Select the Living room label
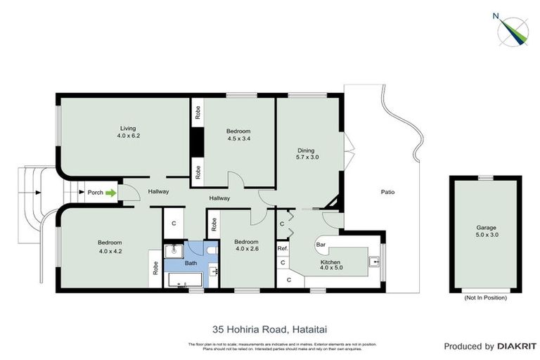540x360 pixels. [127, 128]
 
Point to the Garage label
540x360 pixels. [484, 228]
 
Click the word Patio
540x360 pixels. [387, 191]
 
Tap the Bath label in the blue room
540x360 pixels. [191, 263]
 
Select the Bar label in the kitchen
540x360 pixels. [320, 245]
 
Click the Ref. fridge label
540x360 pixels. [282, 247]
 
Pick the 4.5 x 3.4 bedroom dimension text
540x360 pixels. [238, 139]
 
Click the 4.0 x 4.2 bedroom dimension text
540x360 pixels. [110, 250]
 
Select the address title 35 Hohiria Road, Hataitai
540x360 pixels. [269, 328]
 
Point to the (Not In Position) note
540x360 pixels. [484, 297]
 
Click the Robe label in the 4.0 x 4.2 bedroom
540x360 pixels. [155, 269]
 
